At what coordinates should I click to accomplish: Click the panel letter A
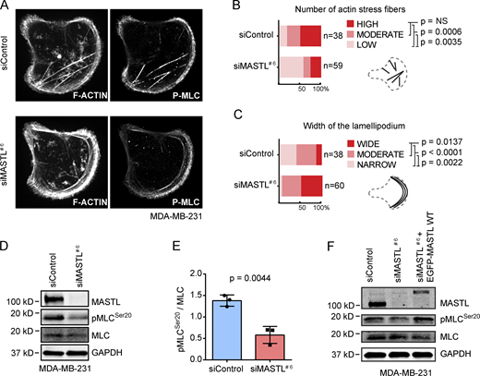coord(6,8)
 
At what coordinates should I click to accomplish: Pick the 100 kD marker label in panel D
coord(18,279)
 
